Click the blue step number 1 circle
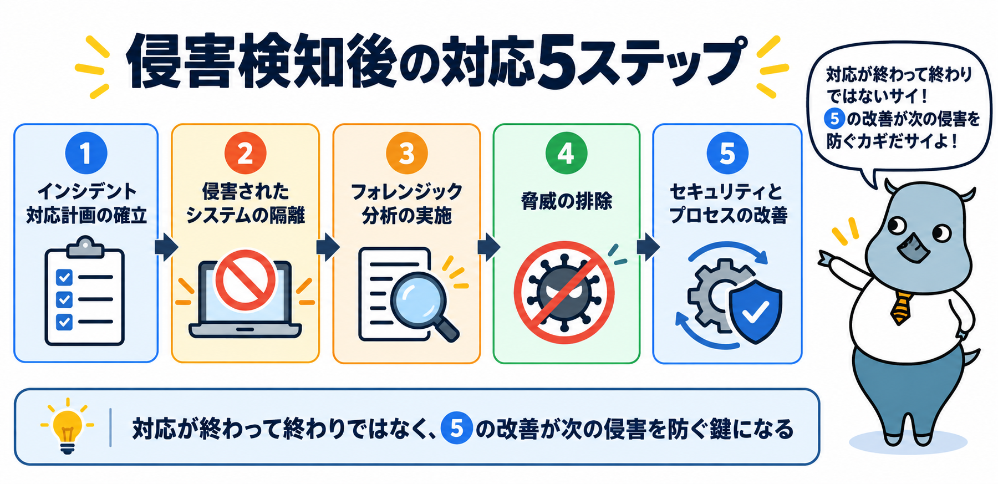(86, 153)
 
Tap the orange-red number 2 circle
(245, 153)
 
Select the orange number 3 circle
(406, 153)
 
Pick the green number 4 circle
(566, 153)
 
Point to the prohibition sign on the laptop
(245, 280)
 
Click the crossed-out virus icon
(564, 292)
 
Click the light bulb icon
(67, 426)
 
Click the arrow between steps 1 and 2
(166, 247)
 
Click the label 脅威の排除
(566, 200)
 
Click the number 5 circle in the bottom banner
(456, 429)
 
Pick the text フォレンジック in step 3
(406, 192)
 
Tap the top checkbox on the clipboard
(64, 277)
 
